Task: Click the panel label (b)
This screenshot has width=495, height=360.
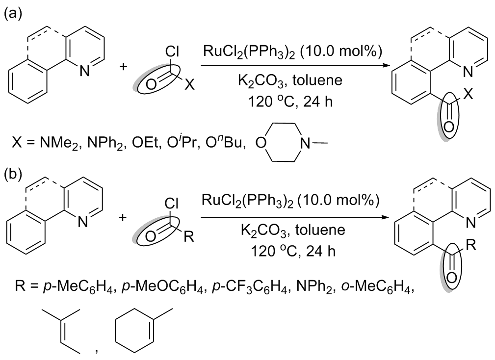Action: point(13,174)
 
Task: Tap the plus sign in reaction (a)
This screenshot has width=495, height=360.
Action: point(123,67)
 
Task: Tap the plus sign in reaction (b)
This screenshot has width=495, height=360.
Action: point(123,217)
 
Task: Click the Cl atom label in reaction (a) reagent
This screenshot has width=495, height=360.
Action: point(172,51)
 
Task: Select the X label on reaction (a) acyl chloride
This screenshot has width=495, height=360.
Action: point(189,84)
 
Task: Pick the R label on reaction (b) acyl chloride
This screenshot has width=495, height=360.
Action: point(189,236)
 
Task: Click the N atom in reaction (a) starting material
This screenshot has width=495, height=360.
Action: point(84,71)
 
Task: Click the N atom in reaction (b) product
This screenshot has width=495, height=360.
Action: point(470,223)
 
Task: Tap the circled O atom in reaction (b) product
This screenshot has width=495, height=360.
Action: point(451,278)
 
